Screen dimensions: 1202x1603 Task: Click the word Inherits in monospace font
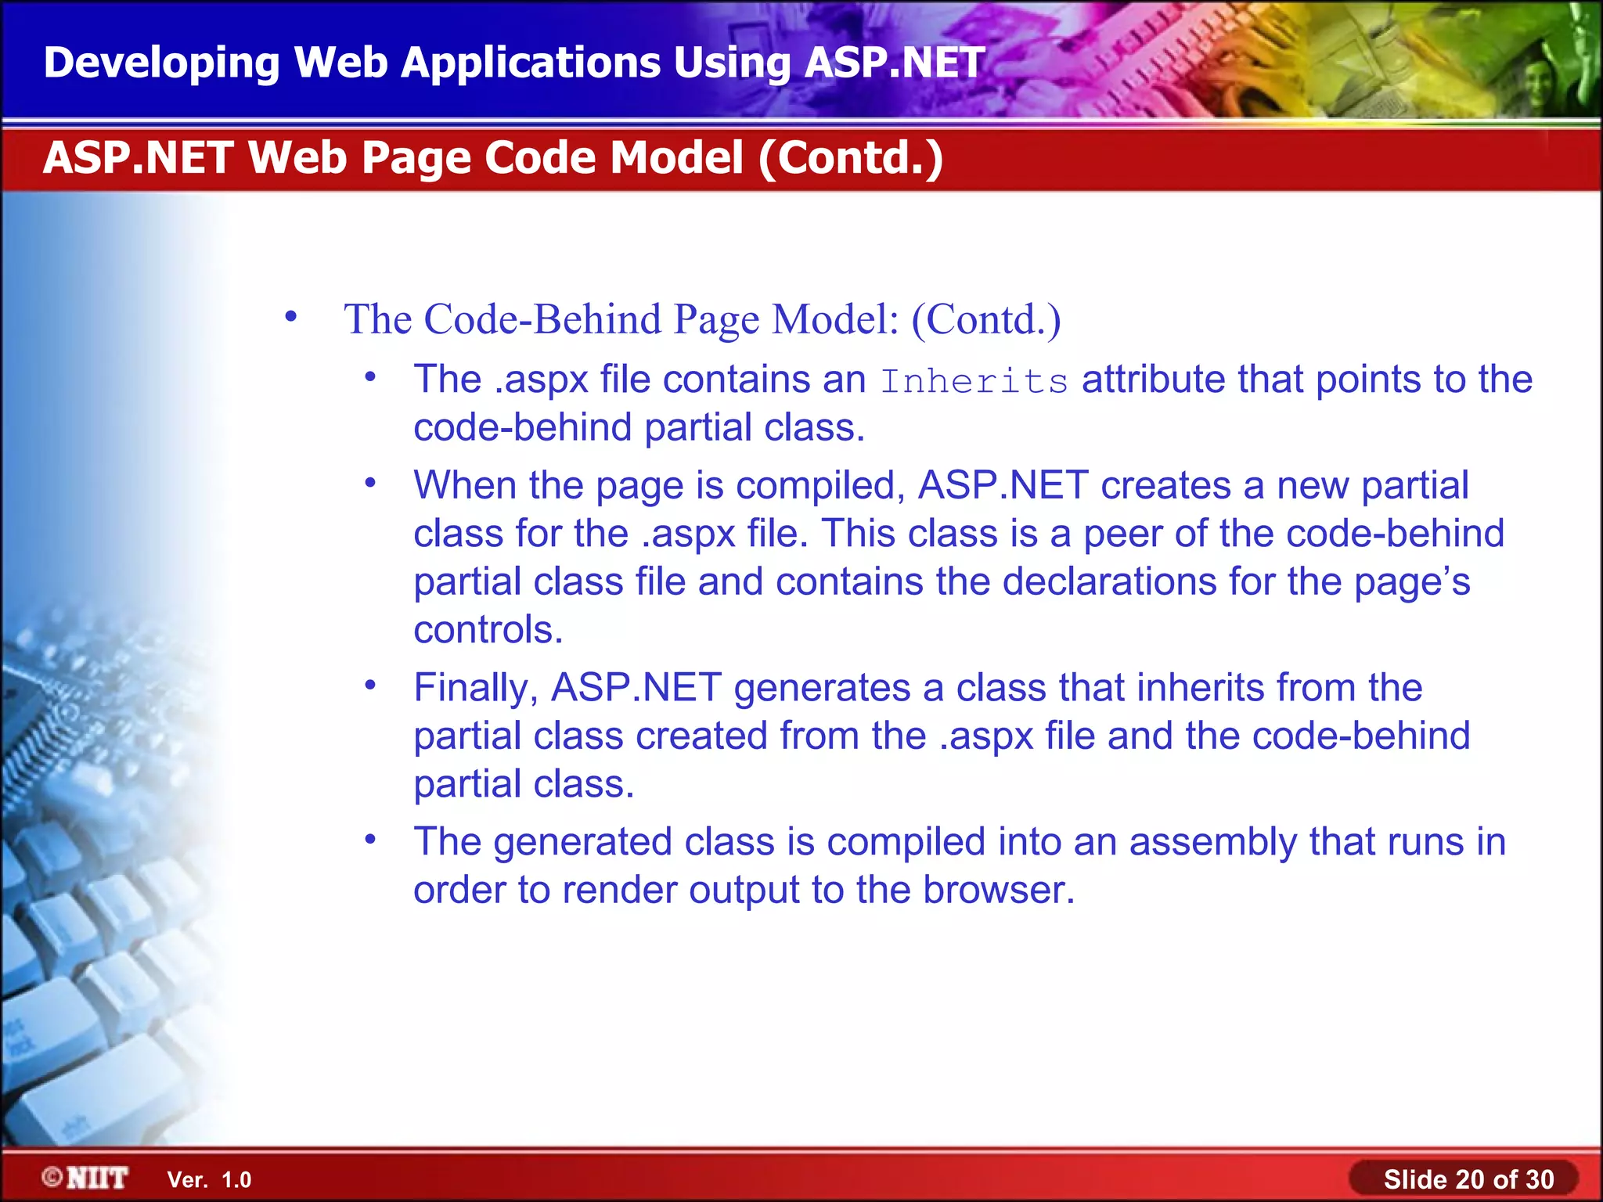pyautogui.click(x=974, y=381)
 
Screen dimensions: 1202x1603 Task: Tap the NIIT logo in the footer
pyautogui.click(x=85, y=1178)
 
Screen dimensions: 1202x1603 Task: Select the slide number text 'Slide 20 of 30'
pyautogui.click(x=1468, y=1179)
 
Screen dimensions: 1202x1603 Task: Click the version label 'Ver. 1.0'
pyautogui.click(x=209, y=1180)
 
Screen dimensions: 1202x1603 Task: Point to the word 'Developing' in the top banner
pyautogui.click(x=161, y=63)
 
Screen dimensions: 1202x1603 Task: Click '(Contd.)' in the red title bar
pyautogui.click(x=851, y=157)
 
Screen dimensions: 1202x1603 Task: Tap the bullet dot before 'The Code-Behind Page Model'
pyautogui.click(x=291, y=317)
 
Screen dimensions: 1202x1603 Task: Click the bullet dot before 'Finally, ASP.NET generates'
pyautogui.click(x=370, y=686)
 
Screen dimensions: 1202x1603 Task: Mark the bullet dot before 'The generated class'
pyautogui.click(x=370, y=840)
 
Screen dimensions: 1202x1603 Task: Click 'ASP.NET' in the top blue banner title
pyautogui.click(x=894, y=63)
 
